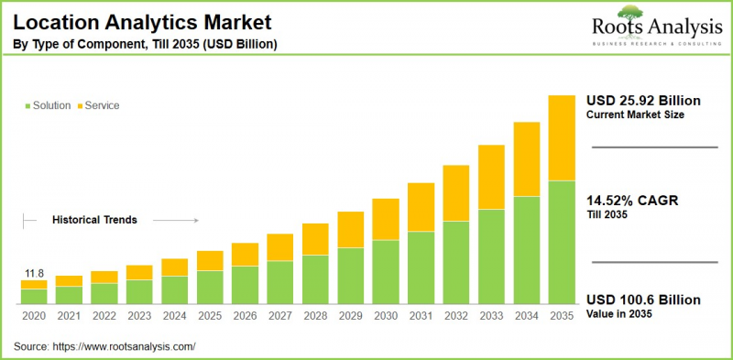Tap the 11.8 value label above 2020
[x=33, y=272]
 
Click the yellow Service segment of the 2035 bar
[x=561, y=137]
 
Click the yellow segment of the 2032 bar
[x=455, y=192]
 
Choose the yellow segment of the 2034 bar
[x=526, y=158]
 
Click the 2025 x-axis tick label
[x=210, y=315]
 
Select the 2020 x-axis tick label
[x=34, y=315]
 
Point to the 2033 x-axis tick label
[x=491, y=315]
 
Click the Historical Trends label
[x=94, y=220]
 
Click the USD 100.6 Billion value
[x=642, y=300]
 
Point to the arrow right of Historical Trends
[x=175, y=220]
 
